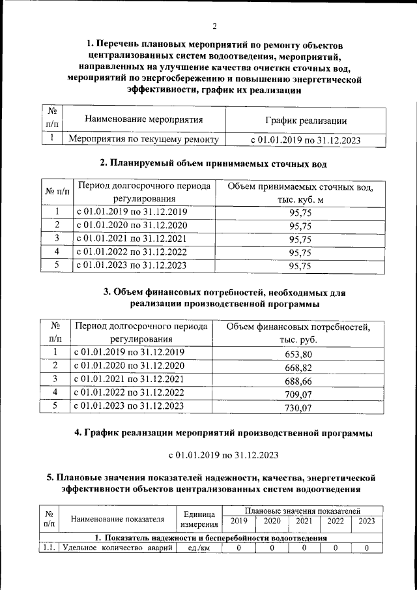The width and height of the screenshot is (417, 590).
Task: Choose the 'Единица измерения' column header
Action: pos(199,520)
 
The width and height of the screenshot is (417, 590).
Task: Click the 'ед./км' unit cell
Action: pos(199,548)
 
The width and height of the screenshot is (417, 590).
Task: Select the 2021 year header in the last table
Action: pos(303,522)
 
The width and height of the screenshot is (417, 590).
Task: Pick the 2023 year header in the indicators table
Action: pos(367,522)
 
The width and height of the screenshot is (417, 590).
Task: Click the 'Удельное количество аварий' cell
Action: pos(118,548)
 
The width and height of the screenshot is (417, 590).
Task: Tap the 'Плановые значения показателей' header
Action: pos(302,510)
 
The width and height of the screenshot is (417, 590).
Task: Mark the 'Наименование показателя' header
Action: pos(117,520)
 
